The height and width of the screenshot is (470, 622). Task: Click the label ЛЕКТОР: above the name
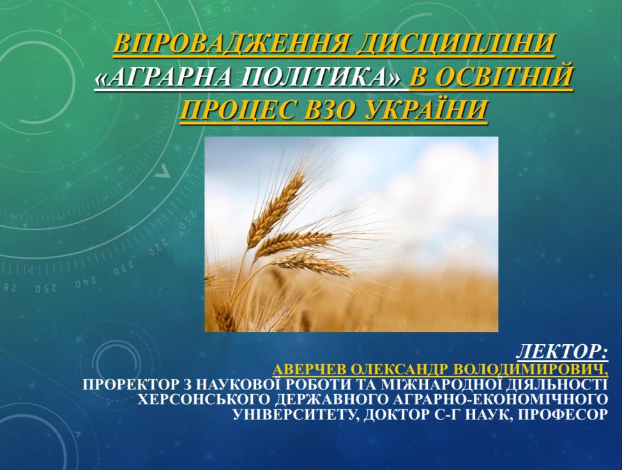point(562,351)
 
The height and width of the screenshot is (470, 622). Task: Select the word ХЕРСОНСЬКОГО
point(206,399)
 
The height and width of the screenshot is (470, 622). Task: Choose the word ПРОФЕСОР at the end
point(563,414)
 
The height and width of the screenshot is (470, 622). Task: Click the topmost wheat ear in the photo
point(278,206)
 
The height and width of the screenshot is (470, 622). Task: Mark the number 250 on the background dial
point(46,289)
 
